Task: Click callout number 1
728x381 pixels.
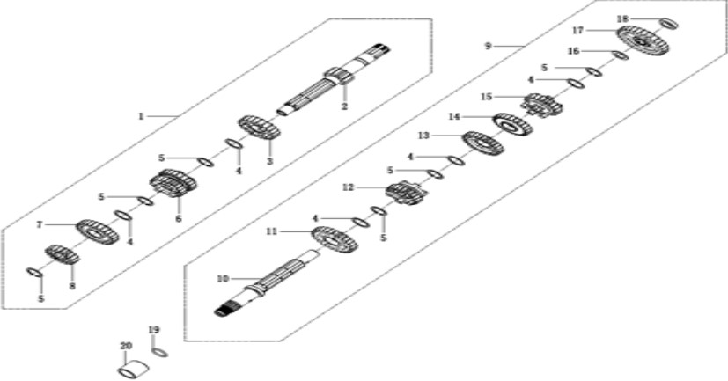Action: (x=141, y=116)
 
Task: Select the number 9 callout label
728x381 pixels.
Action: (x=488, y=46)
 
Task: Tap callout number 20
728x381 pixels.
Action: (x=126, y=346)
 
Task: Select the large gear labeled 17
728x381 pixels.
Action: (x=643, y=40)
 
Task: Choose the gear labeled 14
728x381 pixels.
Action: (x=512, y=124)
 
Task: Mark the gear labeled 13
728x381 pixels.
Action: (x=483, y=143)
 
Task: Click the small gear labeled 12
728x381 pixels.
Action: (x=406, y=193)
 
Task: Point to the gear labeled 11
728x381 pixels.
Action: (x=335, y=239)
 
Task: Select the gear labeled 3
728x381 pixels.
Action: (x=259, y=128)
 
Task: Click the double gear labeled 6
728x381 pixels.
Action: (x=173, y=183)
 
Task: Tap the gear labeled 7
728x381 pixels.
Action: (x=97, y=232)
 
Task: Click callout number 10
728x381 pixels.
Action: (x=223, y=279)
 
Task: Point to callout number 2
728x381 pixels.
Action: (x=344, y=106)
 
